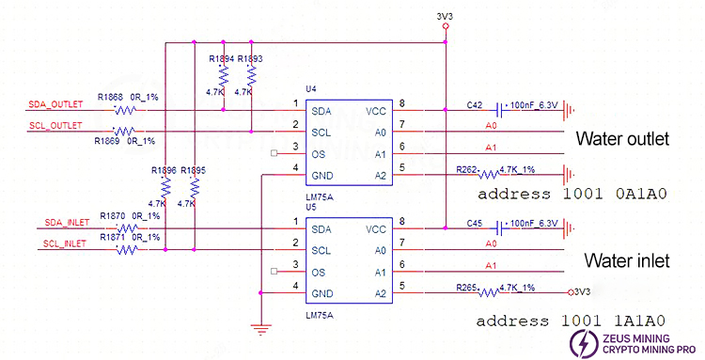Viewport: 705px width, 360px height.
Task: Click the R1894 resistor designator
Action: tap(222, 58)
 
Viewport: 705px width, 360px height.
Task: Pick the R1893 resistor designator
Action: tap(251, 58)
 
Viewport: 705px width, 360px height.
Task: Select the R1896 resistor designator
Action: tap(164, 171)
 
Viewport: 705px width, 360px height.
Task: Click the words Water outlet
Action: tap(621, 139)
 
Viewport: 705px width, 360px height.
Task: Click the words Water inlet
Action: tap(624, 258)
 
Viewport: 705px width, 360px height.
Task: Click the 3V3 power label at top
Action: tap(446, 16)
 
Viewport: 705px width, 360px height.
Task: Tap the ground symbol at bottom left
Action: tap(258, 328)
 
